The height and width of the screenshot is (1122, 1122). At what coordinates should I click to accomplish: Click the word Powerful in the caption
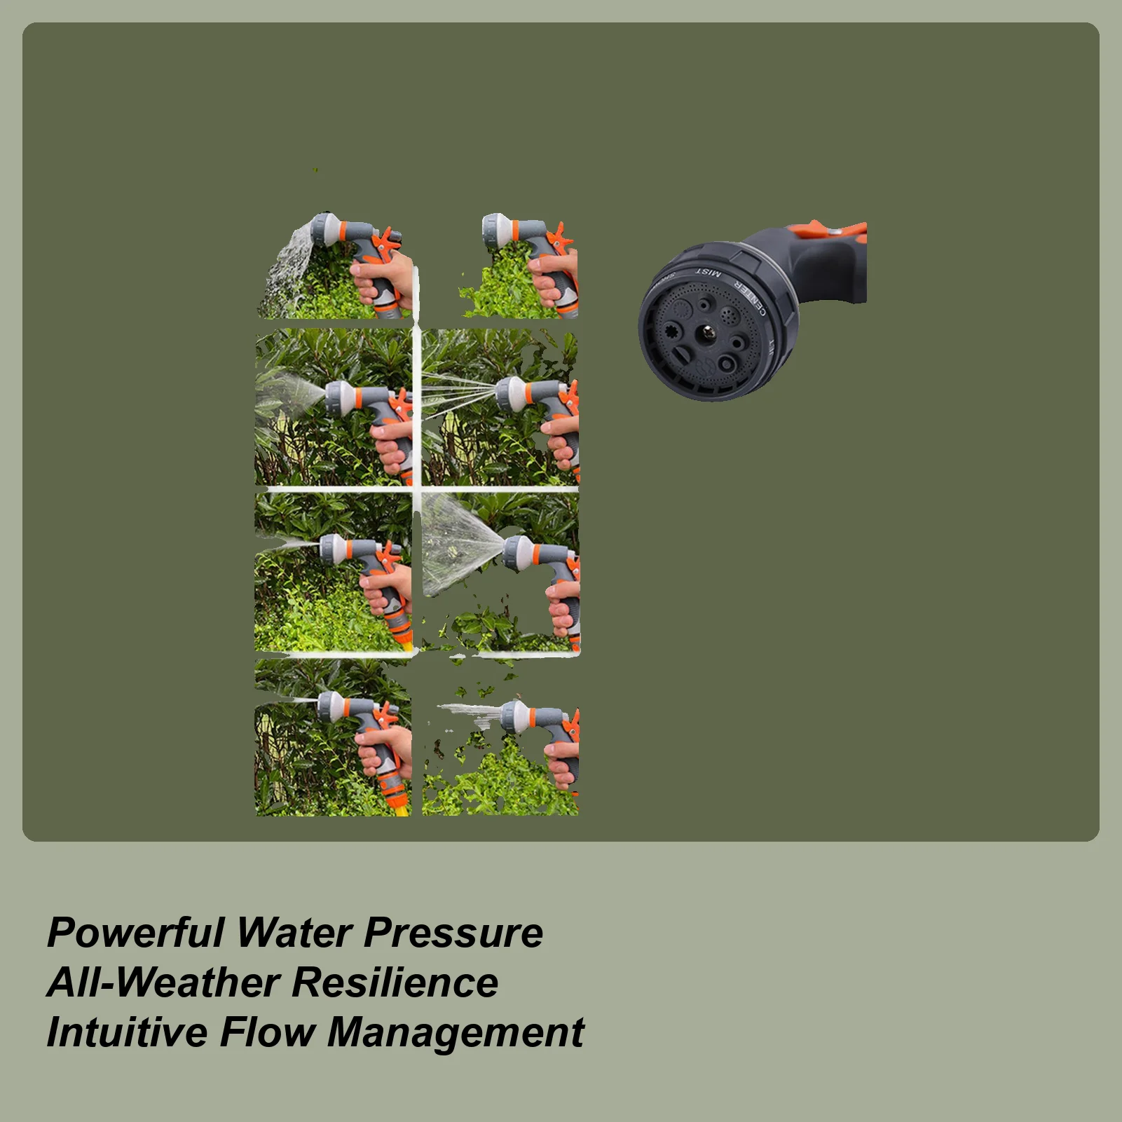(134, 933)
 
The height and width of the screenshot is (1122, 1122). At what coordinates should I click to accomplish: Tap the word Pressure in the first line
(453, 933)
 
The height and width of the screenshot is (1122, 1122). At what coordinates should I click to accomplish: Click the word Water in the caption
(294, 933)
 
